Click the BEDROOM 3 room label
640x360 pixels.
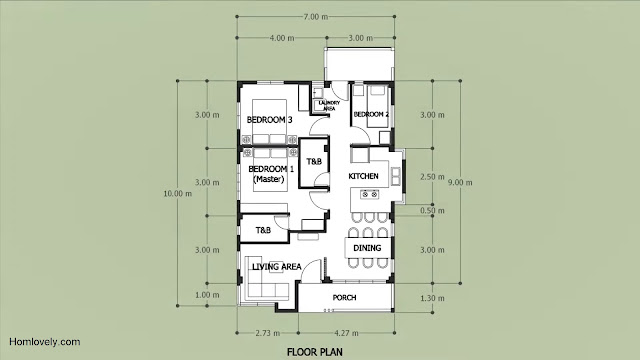(269, 120)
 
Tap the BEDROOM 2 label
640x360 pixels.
(371, 114)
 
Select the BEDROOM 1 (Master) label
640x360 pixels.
(268, 173)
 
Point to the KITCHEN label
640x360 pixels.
(363, 176)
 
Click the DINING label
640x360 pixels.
(367, 248)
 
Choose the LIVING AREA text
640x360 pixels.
(277, 267)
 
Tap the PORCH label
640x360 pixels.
(344, 298)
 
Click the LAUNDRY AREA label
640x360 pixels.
(329, 106)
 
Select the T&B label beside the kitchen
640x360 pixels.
(314, 162)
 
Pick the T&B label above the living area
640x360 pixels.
(263, 230)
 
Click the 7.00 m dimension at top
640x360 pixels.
(316, 17)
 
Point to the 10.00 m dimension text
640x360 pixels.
(178, 194)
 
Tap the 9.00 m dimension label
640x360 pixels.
(460, 182)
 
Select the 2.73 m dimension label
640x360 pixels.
(268, 333)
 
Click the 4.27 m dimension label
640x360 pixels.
(346, 333)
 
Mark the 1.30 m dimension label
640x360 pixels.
(432, 298)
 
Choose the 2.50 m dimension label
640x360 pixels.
(432, 177)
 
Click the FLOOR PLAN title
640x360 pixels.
(315, 352)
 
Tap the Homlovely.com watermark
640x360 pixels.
(44, 342)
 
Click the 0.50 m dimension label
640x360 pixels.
(432, 211)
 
